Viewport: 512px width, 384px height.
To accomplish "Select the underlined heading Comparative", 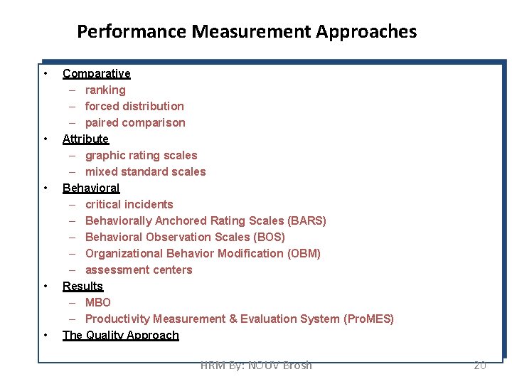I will pos(96,73).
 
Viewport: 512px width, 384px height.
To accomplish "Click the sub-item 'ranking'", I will pos(105,90).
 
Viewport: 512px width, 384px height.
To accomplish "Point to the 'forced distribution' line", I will pos(134,106).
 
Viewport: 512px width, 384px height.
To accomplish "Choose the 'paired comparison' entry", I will pos(135,122).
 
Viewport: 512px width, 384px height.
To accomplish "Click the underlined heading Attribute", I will pos(85,139).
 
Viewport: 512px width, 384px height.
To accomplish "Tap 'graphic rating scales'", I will pos(141,155).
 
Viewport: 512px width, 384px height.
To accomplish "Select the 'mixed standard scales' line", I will pos(145,171).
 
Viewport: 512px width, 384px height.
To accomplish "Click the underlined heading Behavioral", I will pos(91,188).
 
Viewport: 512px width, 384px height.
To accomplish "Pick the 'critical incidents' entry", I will pos(129,204).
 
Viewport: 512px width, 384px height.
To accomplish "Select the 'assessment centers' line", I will pos(139,270).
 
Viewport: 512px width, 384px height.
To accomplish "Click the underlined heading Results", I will pos(82,286).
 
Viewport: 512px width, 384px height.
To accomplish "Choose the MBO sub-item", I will pos(98,302).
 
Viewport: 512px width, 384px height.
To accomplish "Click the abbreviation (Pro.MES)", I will pos(368,319).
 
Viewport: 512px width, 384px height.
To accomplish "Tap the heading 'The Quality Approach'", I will pos(120,335).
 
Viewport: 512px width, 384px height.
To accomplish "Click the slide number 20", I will pos(480,365).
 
